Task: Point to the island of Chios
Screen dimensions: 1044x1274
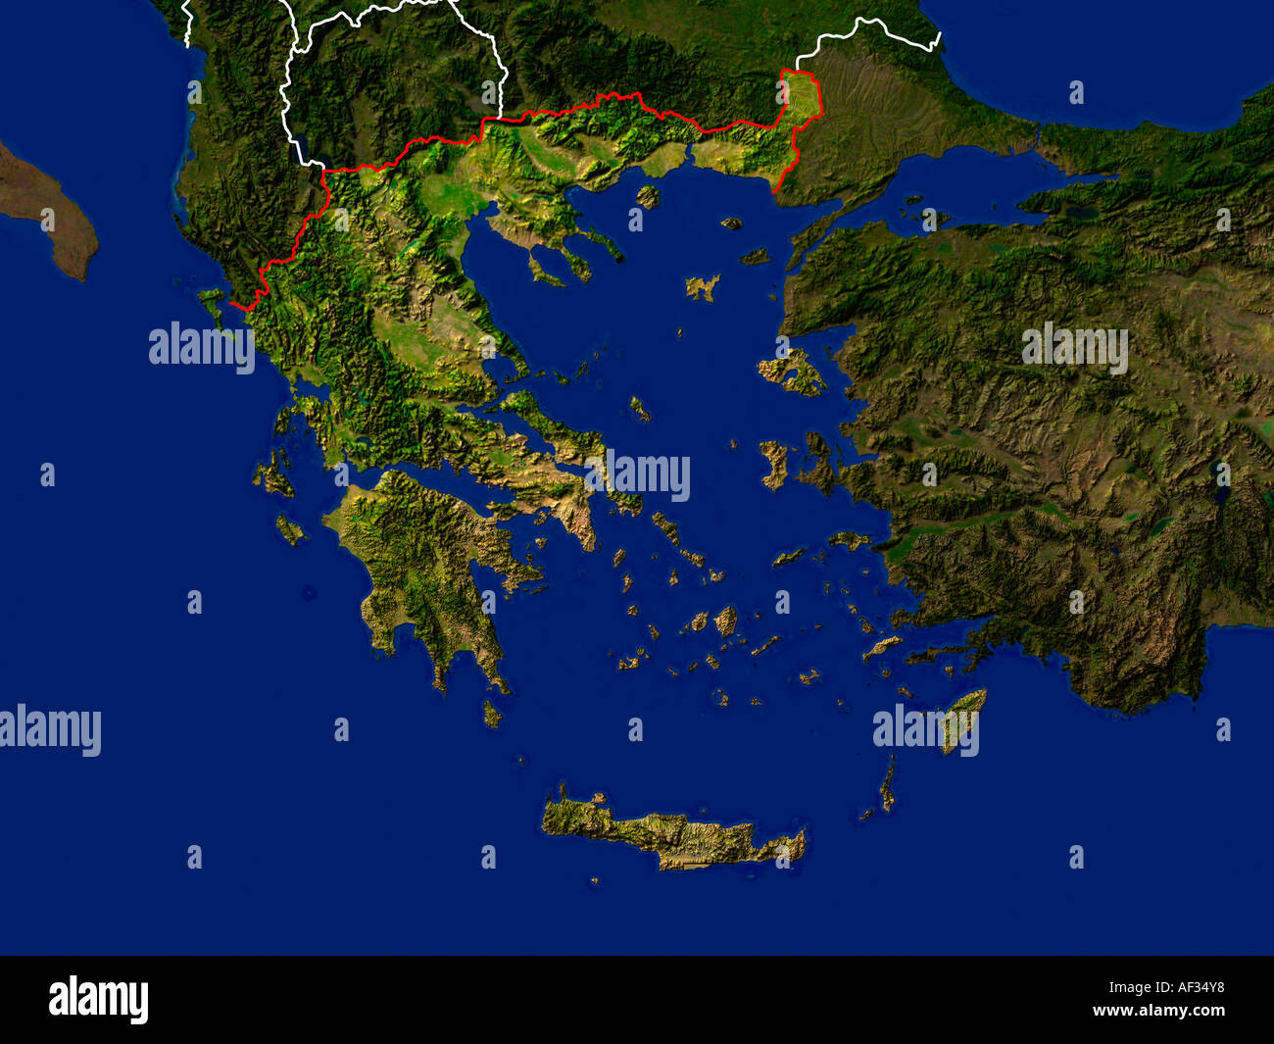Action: (x=773, y=463)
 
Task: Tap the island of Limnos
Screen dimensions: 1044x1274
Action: (x=702, y=287)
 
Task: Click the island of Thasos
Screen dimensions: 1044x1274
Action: (x=648, y=196)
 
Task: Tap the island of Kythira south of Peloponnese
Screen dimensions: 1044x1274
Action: (x=491, y=714)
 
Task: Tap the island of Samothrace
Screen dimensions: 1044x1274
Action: (x=730, y=224)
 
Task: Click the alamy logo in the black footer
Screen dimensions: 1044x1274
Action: (x=98, y=1000)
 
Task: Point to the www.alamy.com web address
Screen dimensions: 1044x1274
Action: (x=1158, y=1012)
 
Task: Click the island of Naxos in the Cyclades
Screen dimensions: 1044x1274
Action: (x=725, y=620)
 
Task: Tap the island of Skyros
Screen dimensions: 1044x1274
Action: (x=639, y=408)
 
